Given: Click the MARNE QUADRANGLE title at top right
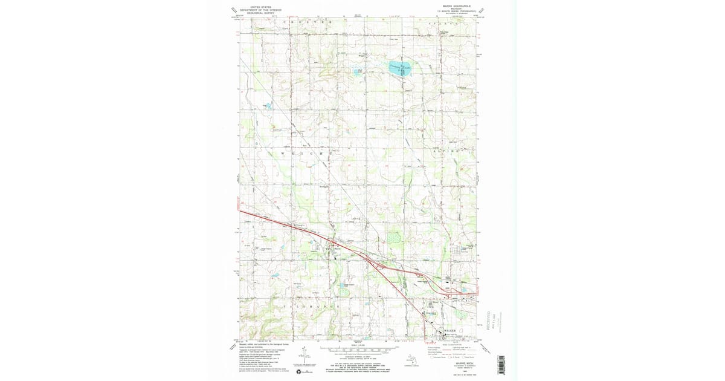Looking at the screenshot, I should [x=448, y=7].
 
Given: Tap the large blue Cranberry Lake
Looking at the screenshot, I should [x=399, y=70].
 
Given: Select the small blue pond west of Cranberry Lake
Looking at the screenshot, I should [x=356, y=73].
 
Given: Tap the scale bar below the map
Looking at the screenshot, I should [x=359, y=350].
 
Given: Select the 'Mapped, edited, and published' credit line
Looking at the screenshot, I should [x=260, y=344].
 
